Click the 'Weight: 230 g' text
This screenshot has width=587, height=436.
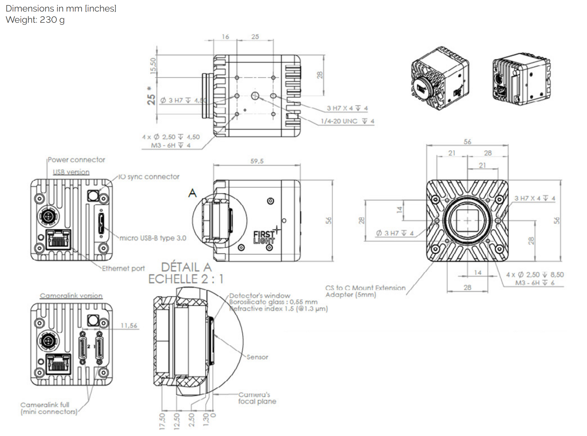[x=35, y=20]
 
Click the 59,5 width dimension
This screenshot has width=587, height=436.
[x=257, y=161]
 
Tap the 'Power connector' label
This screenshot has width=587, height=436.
[x=76, y=160]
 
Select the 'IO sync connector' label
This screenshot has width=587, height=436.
[x=149, y=177]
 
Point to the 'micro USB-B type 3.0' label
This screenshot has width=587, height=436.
[x=153, y=238]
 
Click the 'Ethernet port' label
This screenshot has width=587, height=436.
[x=123, y=269]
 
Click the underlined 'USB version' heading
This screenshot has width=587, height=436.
[x=71, y=172]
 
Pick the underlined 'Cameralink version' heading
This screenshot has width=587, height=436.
[x=71, y=296]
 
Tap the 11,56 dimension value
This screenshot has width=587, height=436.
[x=129, y=326]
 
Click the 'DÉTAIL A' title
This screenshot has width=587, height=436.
[x=186, y=267]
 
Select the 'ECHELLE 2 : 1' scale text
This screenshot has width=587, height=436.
[x=186, y=279]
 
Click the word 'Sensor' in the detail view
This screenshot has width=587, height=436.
[x=257, y=357]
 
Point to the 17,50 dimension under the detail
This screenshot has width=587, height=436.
[x=162, y=421]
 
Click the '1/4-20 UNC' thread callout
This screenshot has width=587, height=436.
[x=339, y=121]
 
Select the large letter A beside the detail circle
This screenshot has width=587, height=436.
[x=192, y=193]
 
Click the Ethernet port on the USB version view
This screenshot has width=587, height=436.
[x=58, y=240]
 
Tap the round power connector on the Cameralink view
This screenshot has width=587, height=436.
[x=48, y=341]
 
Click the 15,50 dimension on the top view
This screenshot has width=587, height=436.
[x=154, y=65]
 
